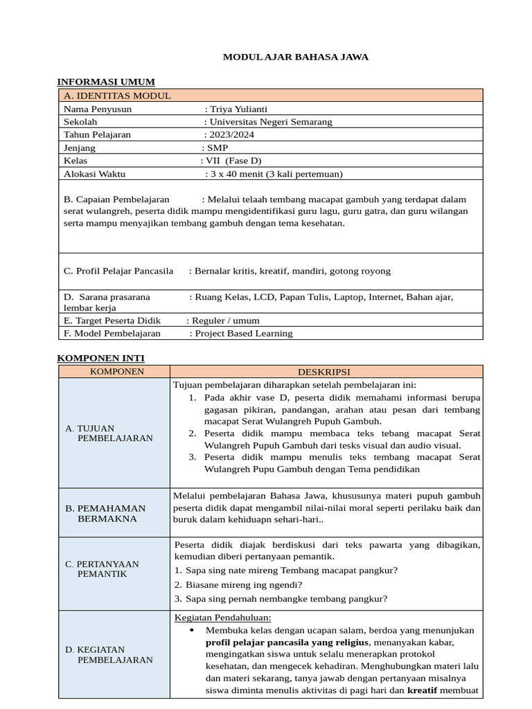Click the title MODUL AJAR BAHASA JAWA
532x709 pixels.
point(295,57)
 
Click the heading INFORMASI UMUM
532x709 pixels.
point(105,82)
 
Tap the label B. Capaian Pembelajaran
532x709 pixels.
point(116,199)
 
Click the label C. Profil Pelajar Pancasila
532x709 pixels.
point(118,271)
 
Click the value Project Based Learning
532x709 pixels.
point(244,333)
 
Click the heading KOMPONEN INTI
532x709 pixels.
point(100,357)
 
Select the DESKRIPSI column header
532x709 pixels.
point(326,372)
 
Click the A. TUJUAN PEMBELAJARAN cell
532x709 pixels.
point(114,433)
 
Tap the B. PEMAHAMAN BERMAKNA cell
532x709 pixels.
point(114,513)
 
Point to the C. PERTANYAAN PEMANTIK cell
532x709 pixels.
point(114,568)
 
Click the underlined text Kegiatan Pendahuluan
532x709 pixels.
point(223,618)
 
